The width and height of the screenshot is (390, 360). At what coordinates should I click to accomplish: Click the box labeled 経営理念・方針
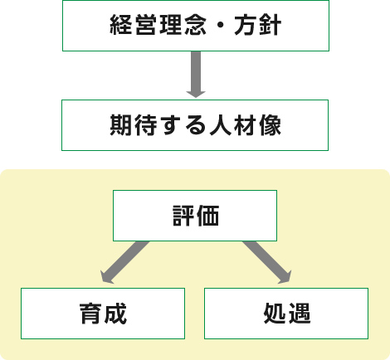coord(196,26)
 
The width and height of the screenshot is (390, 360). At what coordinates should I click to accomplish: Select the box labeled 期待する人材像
coord(195,125)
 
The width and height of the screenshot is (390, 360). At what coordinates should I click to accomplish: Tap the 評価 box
coord(195,216)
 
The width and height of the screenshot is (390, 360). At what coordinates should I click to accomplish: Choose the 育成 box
coord(103,314)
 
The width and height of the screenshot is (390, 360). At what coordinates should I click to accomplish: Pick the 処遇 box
coord(286,314)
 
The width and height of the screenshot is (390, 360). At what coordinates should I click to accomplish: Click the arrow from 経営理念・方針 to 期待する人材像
coord(196,75)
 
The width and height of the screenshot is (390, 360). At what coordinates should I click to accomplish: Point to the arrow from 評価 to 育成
coord(124,262)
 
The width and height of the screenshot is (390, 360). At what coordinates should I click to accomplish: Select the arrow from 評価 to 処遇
coord(267,262)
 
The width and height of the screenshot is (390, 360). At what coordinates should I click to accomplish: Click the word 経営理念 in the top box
coord(158,25)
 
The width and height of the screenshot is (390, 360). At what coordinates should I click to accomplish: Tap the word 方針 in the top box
coord(258,25)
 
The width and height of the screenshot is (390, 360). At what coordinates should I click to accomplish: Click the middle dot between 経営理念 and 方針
coord(221,25)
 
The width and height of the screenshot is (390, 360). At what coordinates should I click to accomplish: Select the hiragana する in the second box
coord(183,125)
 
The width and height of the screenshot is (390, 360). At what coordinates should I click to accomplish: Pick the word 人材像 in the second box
coord(246,125)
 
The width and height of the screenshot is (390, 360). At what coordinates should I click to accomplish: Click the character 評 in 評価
coord(183,216)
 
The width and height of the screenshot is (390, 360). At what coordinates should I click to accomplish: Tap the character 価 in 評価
coord(207,216)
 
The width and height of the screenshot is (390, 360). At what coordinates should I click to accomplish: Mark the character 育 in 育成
coord(90,314)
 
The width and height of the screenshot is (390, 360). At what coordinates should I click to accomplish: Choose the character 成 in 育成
coord(115,314)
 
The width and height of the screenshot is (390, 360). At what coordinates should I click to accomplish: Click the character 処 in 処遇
coord(275,314)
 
